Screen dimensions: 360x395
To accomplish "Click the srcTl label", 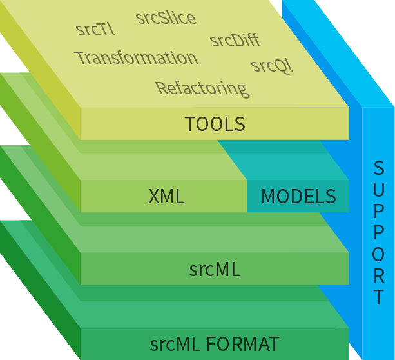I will coord(95,29).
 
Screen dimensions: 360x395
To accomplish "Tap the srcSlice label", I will coord(166,17).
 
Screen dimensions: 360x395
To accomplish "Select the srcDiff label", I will coord(235,41).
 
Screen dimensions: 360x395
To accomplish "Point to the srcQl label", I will coord(271,66).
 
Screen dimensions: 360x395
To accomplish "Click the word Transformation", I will coord(136,57).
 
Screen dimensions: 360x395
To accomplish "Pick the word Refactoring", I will coord(201,87).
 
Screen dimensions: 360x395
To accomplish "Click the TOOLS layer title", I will coord(215,124).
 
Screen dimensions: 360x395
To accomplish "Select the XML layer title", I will coord(166,197).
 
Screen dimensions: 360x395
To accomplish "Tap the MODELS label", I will coord(298,196).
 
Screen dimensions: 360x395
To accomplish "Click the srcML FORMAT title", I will coord(215,344).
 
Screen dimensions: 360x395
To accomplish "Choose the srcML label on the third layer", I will coord(215,270).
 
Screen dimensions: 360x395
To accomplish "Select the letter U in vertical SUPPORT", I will coord(379,189).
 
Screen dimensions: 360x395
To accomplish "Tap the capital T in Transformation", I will coord(81,58).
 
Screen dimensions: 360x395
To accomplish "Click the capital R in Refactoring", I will coord(161,87).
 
